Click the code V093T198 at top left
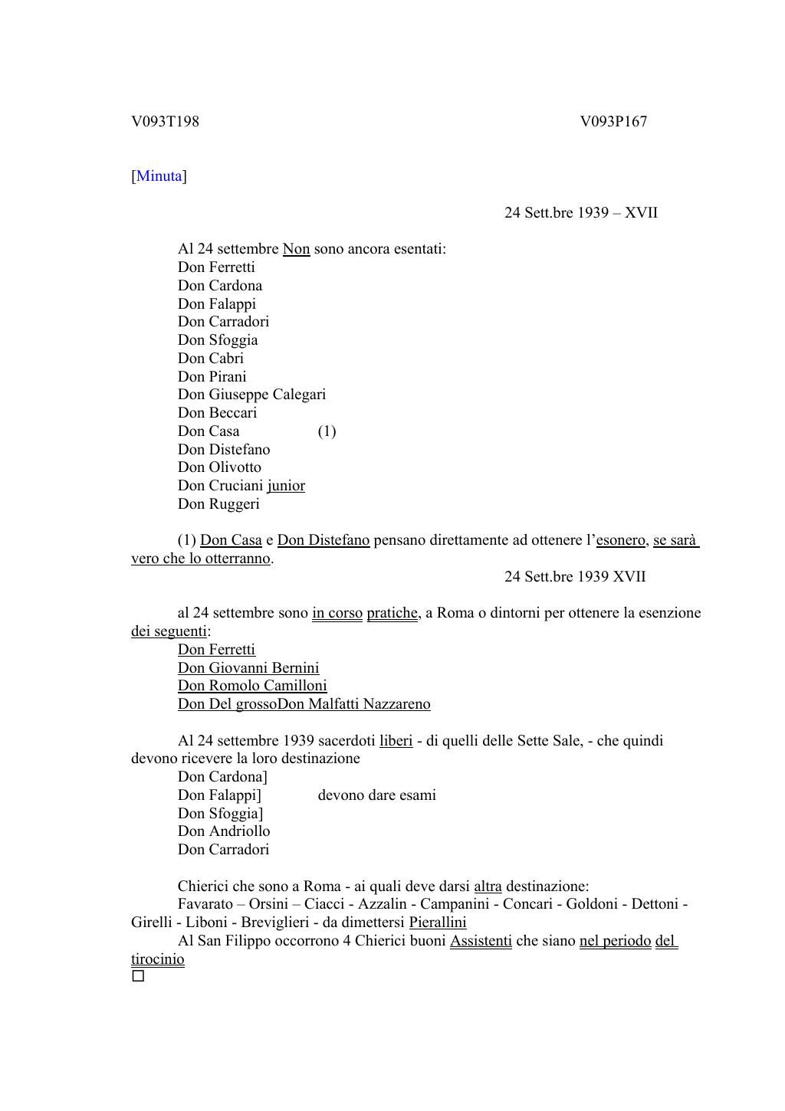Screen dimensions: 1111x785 (165, 121)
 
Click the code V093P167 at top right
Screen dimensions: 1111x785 (613, 121)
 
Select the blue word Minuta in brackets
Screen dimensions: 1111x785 (159, 176)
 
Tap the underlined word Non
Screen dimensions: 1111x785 (296, 249)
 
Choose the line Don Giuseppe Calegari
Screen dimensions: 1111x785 (251, 395)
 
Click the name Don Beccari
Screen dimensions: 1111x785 (217, 412)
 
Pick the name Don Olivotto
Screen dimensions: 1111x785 (219, 467)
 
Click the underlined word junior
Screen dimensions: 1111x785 (286, 485)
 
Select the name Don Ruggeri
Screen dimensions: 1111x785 (218, 503)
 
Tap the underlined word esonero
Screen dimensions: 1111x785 (620, 540)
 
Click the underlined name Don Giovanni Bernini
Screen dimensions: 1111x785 (248, 667)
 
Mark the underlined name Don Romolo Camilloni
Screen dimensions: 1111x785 (252, 686)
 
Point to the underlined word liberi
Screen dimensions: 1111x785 (396, 741)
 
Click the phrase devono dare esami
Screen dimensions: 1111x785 (376, 795)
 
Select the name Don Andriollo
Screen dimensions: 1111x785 (224, 831)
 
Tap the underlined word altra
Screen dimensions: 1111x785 (488, 887)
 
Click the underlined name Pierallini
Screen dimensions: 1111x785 (437, 923)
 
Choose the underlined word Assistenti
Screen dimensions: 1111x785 (481, 941)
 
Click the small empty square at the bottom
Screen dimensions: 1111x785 (138, 976)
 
